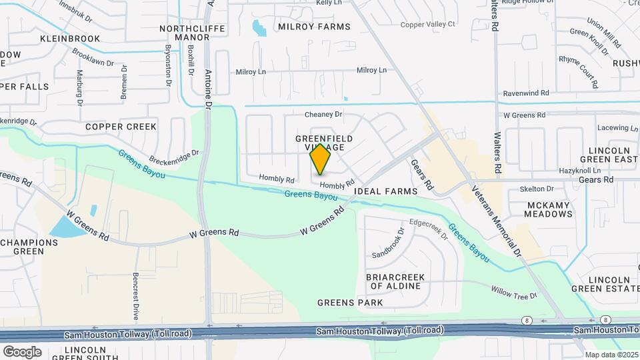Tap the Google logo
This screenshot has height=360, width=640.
[x=22, y=351]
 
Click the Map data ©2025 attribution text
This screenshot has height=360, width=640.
[x=611, y=355]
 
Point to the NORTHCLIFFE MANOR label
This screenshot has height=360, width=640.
[x=185, y=33]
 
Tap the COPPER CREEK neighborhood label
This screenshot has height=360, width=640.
[x=121, y=127]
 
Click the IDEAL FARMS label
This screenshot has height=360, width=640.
[x=385, y=191]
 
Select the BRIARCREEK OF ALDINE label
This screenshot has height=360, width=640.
[x=394, y=281]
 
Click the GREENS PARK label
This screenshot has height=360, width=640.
[x=350, y=303]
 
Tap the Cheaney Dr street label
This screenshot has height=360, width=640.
[x=323, y=115]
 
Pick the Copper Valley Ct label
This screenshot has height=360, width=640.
[x=427, y=25]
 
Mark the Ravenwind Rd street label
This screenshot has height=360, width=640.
[x=526, y=94]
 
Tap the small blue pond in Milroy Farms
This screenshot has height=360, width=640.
[x=259, y=28]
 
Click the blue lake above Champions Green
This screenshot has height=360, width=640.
[x=69, y=226]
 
